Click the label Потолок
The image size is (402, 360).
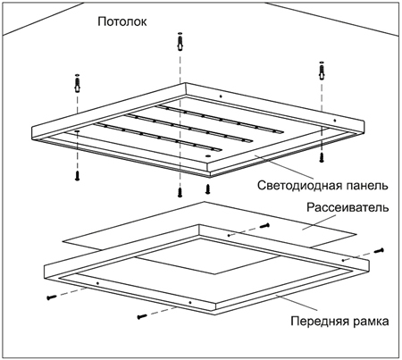click(122, 21)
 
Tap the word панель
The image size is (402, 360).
click(367, 185)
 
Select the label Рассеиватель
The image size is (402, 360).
click(348, 207)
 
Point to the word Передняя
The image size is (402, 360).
click(320, 322)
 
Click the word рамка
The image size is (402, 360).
click(371, 322)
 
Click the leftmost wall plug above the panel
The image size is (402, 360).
click(77, 84)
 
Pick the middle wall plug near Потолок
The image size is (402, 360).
click(180, 42)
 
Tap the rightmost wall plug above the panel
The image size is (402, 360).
click(322, 71)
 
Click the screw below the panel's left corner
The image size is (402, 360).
click(77, 176)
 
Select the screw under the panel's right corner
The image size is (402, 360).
click(322, 157)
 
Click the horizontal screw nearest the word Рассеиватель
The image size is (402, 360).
click(264, 226)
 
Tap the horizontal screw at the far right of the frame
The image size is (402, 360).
click(379, 251)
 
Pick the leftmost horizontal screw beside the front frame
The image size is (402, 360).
click(52, 297)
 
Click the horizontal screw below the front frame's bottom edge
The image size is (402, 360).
click(142, 316)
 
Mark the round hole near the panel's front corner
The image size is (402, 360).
click(208, 155)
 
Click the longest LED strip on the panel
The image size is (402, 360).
click(188, 128)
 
